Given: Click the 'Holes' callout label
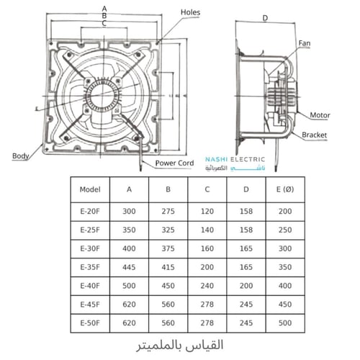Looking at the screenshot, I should [x=191, y=13].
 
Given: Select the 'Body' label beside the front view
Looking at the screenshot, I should [x=21, y=156].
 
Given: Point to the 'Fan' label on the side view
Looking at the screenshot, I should [x=304, y=44].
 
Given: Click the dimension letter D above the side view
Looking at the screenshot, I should [x=265, y=18].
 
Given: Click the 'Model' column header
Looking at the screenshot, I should [x=91, y=192].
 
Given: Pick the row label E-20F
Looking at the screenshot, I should [x=91, y=212].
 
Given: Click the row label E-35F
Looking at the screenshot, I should [x=91, y=266].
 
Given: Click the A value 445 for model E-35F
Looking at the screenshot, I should [x=129, y=266].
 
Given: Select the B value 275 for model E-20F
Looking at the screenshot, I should [x=168, y=212].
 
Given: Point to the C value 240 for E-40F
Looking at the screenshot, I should [x=207, y=284].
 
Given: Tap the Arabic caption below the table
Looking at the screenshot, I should [x=179, y=345].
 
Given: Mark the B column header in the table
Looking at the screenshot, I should [x=168, y=192].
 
